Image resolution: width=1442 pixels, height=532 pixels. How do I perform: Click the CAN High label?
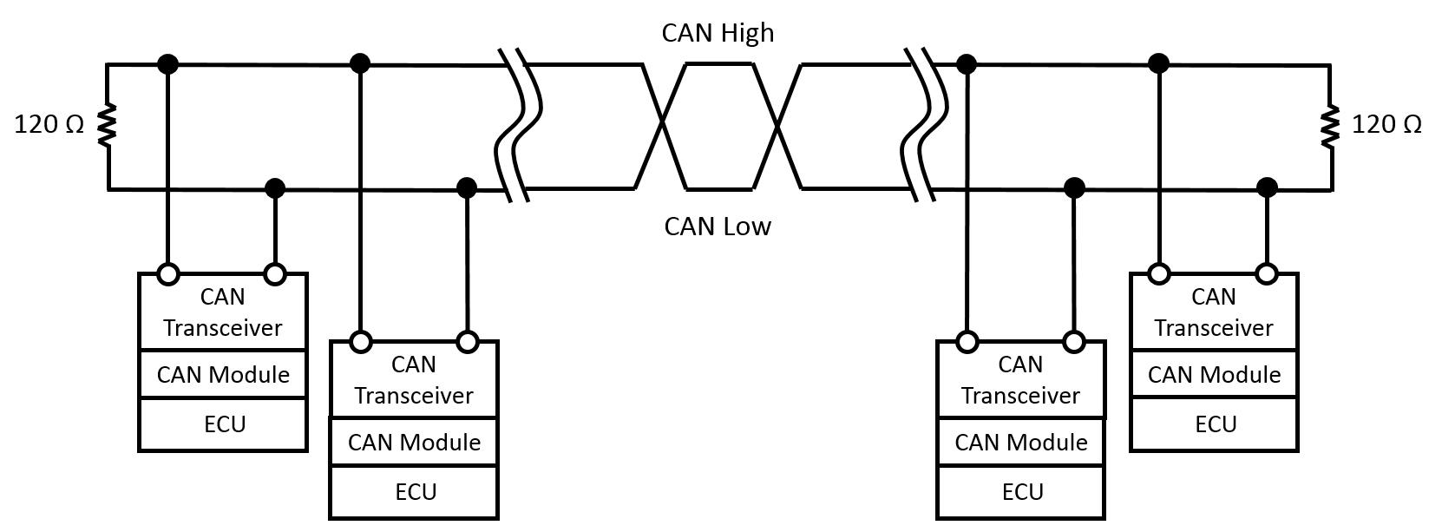coord(718,33)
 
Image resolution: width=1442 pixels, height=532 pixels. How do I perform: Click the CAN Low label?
coord(718,227)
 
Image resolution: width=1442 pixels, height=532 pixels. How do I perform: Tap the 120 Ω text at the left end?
coord(49,125)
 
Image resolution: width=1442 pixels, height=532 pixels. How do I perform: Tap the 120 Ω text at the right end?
coord(1386,125)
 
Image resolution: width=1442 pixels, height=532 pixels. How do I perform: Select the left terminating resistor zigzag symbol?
coord(107,125)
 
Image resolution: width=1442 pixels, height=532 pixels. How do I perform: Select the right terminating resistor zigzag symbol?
coord(1331,125)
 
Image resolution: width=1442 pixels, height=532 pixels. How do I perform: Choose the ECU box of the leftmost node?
coord(224,424)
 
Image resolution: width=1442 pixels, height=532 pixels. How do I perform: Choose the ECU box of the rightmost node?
coord(1215,424)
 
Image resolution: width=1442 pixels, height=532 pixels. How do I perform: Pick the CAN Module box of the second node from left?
coord(414,443)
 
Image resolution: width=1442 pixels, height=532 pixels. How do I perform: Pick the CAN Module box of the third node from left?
coord(1021,443)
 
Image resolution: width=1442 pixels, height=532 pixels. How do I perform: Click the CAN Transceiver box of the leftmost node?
coord(223,312)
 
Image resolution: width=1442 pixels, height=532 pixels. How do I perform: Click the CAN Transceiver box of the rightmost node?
coord(1214,312)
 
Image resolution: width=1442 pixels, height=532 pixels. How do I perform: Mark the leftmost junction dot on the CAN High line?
coord(168,63)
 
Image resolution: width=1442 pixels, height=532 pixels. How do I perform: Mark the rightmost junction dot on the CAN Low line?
coord(1267,187)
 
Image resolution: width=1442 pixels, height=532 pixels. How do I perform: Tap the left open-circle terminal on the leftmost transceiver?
coord(168,274)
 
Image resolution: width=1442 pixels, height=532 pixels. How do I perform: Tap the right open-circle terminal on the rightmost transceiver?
coord(1267,274)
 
